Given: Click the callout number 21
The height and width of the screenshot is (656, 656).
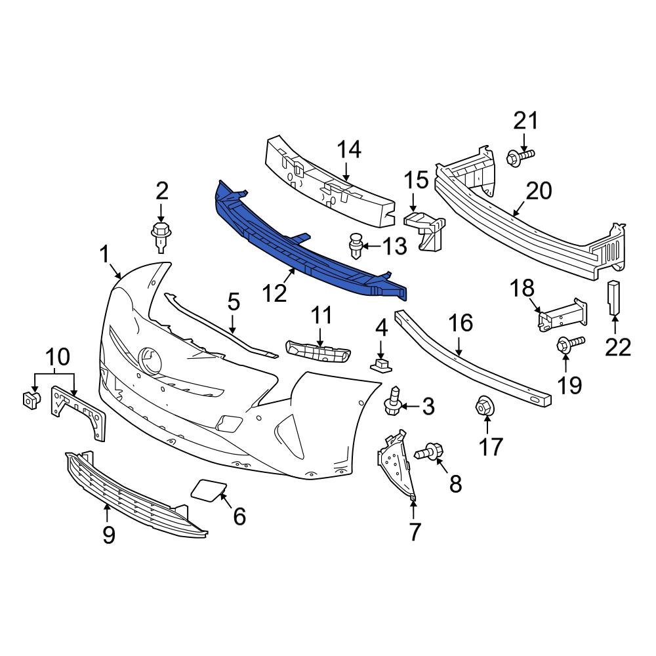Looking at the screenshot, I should click(x=525, y=121).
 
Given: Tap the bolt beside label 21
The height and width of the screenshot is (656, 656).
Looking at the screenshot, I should click(x=520, y=156).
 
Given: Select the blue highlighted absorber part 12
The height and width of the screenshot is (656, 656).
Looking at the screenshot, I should click(x=308, y=246).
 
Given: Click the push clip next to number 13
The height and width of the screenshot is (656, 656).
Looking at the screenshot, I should click(x=355, y=247).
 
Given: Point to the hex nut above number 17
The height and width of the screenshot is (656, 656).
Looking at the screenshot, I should click(x=483, y=407).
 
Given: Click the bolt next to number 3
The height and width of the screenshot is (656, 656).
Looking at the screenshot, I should click(x=392, y=402).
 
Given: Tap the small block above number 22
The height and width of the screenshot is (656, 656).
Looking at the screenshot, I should click(x=614, y=298).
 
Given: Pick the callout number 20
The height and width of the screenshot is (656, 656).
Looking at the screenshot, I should click(x=539, y=191).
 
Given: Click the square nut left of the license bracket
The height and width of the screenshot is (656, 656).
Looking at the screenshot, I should click(x=29, y=398).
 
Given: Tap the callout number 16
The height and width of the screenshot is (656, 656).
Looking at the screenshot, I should click(x=460, y=322).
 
